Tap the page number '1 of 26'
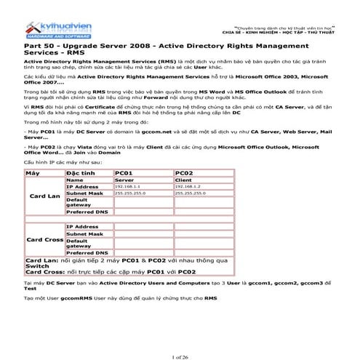[179, 337]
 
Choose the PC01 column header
[128, 173]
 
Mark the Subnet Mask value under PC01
[128, 193]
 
